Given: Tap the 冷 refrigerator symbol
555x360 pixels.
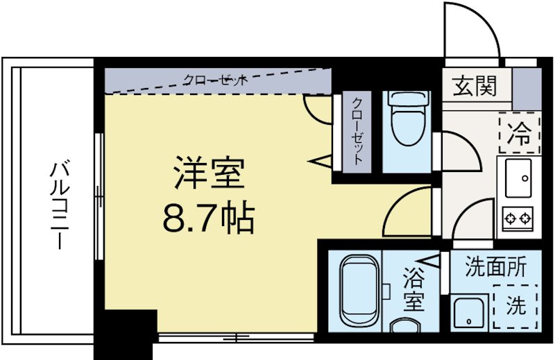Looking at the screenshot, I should (518, 132).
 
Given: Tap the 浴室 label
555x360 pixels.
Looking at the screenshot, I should (414, 292).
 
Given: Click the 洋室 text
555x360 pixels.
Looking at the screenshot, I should (208, 173).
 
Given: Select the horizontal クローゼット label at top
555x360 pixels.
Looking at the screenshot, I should (215, 80).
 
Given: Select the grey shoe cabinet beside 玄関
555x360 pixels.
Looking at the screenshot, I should (527, 86).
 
